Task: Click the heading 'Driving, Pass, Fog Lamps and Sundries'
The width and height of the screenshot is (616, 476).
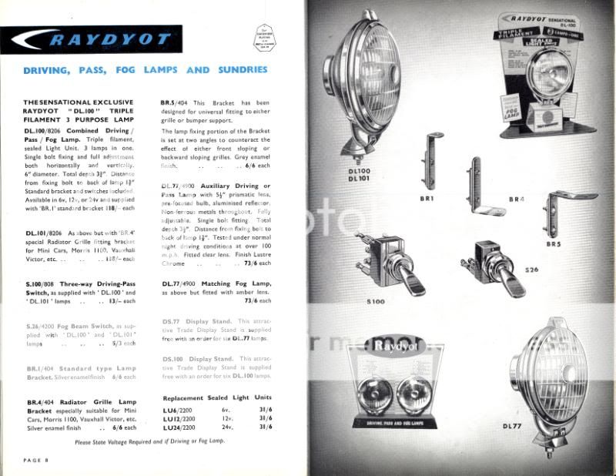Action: pyautogui.click(x=146, y=70)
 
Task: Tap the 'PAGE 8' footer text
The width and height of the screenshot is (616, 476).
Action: pyautogui.click(x=36, y=460)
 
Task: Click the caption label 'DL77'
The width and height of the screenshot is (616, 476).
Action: pyautogui.click(x=514, y=426)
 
